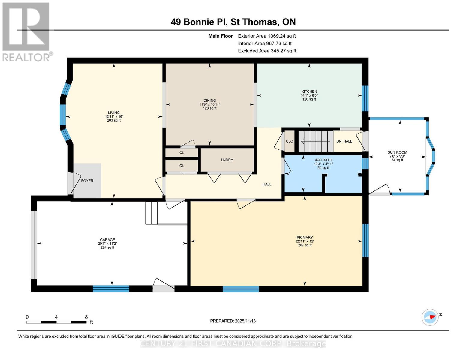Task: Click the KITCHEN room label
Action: point(309,91)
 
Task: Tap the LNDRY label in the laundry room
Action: point(227,160)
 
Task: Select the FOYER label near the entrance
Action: point(87,181)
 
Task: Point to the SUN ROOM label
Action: point(397,152)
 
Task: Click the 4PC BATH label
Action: point(323,160)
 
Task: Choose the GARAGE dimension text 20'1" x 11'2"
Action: point(107,244)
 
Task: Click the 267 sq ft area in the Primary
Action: point(305,245)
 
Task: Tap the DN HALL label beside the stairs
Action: point(344,141)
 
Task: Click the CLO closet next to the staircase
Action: point(289,141)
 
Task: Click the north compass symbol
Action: point(430,317)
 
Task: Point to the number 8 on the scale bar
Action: point(86,317)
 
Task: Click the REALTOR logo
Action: point(26,31)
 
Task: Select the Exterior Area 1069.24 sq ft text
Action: point(267,36)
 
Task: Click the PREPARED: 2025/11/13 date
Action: point(233,321)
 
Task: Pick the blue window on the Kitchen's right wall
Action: point(365,98)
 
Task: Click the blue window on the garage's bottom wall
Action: point(111,289)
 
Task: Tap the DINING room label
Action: point(209,100)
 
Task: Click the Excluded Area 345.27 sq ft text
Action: point(267,51)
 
